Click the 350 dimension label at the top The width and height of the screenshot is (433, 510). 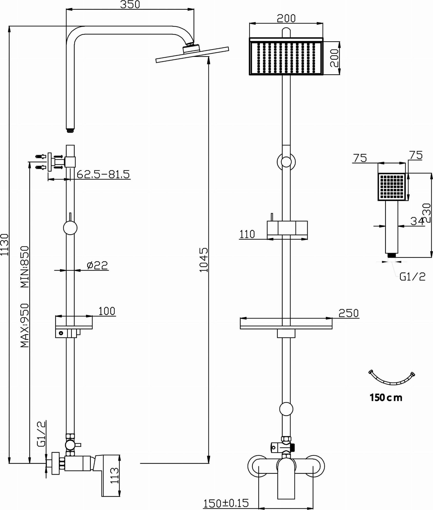point(130,5)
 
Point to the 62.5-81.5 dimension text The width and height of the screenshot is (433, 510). point(103,174)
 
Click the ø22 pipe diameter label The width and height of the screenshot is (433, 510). point(97,265)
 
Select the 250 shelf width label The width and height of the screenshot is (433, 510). point(348,313)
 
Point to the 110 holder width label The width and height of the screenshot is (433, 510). point(247,234)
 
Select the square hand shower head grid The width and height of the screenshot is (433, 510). point(392,187)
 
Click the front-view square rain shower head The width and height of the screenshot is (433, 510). point(286,56)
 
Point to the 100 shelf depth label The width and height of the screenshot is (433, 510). point(107,311)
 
